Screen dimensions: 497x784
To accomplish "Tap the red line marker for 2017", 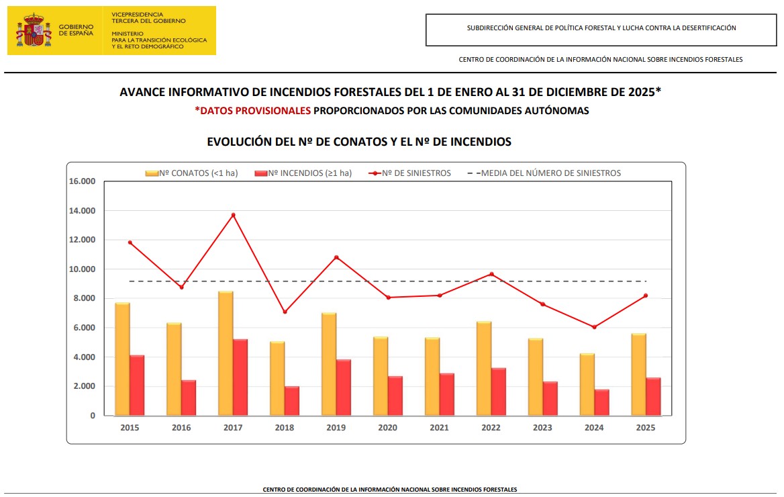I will coord(233,215).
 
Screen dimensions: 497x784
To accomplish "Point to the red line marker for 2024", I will coord(594,327).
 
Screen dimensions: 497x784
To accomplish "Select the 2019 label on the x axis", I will coord(336,428).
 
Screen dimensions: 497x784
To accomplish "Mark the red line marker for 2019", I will coord(336,257).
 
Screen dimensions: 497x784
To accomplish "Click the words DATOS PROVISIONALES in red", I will coord(255,111).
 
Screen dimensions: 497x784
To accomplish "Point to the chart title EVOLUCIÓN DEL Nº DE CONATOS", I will coord(359,142).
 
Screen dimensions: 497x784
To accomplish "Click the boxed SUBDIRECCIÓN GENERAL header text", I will coord(601,28).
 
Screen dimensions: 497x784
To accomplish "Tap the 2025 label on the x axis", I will coord(646,428).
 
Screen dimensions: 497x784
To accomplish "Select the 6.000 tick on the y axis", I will coord(83,328).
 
